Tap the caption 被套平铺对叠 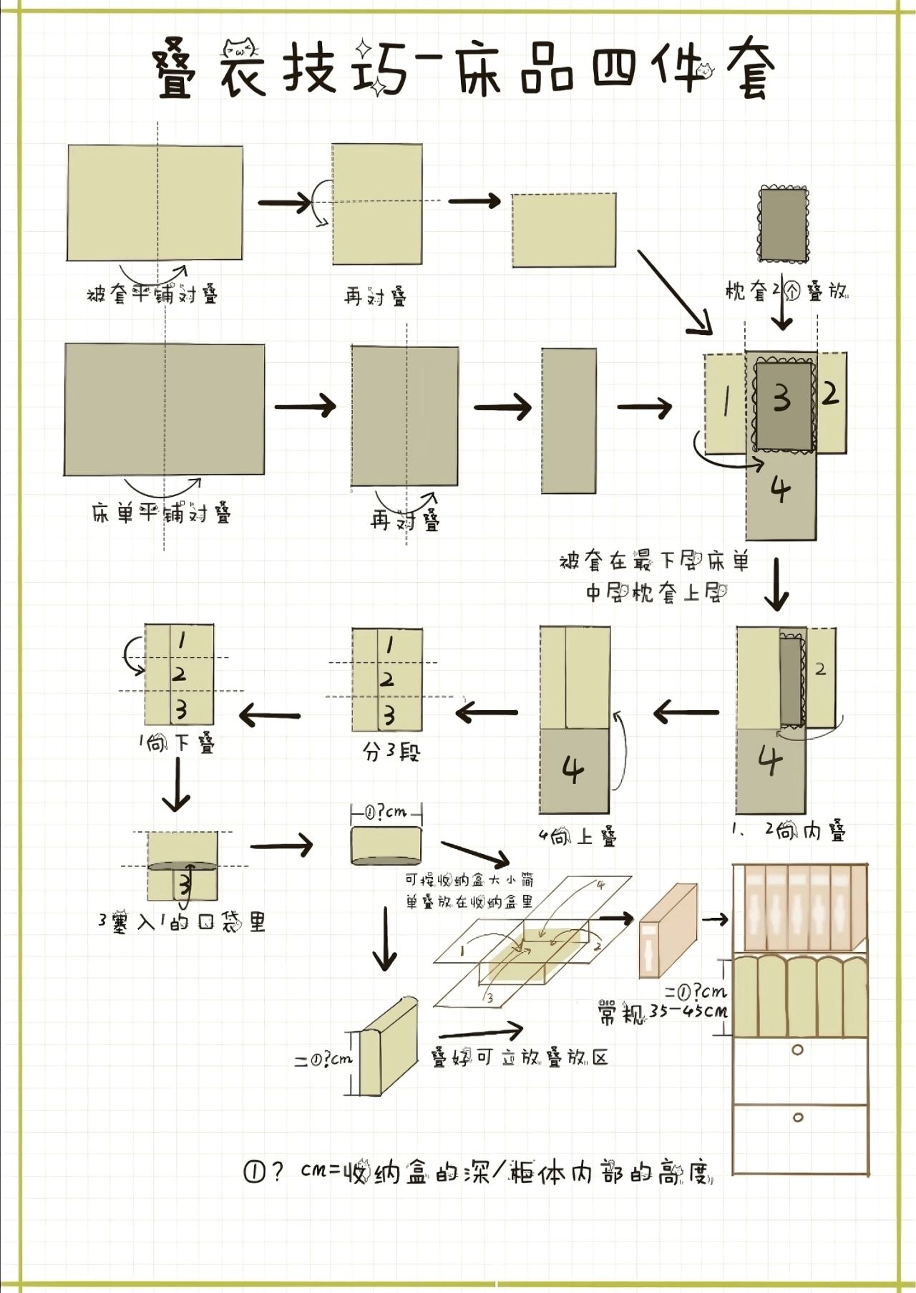152,294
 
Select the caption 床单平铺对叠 162,513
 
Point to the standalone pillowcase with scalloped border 783,224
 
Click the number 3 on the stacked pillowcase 782,398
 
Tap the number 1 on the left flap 725,403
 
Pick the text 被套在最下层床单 654,562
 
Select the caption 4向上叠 578,836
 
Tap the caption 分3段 391,752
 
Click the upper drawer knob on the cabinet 798,1050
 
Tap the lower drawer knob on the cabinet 798,1117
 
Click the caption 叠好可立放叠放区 519,1058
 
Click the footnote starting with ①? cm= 478,1173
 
